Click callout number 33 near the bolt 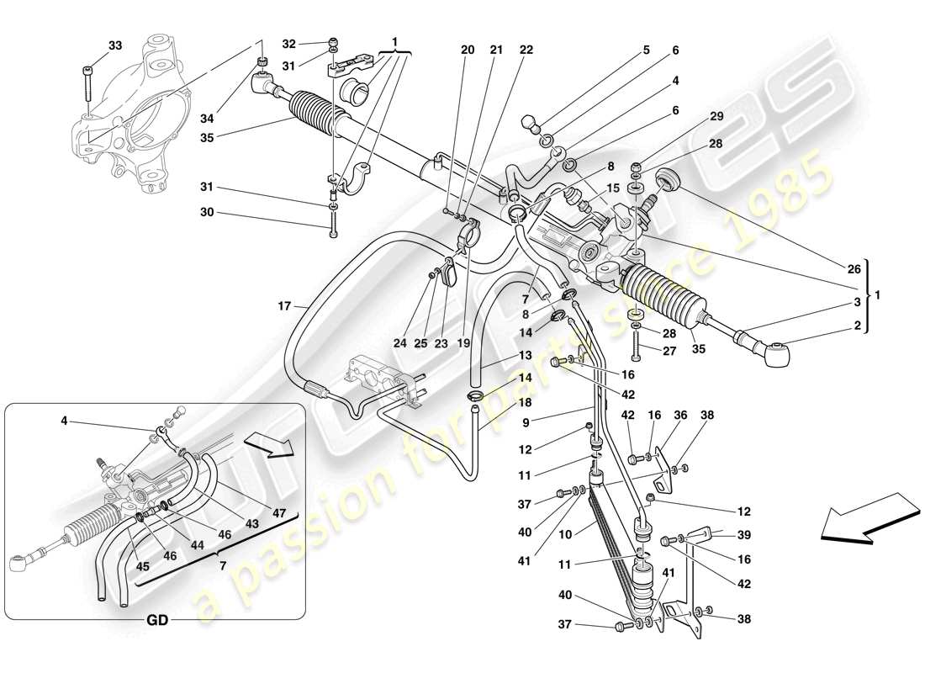tap(115, 45)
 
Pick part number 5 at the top tap(646, 50)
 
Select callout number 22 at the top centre tap(526, 50)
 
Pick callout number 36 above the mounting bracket tap(680, 415)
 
